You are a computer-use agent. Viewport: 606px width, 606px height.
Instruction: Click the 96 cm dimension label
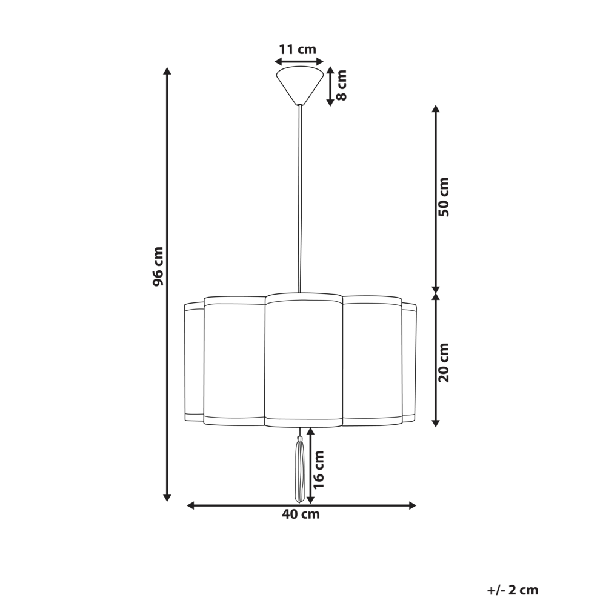(158, 267)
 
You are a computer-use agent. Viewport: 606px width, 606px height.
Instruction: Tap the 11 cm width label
(298, 50)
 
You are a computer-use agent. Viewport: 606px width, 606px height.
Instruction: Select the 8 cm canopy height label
(341, 85)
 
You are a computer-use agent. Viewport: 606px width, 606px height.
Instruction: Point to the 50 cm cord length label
(444, 197)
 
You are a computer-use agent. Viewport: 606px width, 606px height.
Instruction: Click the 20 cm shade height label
(444, 362)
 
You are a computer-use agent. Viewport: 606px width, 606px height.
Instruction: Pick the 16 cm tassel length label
(319, 470)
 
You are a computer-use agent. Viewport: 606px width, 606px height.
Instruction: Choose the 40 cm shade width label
(301, 515)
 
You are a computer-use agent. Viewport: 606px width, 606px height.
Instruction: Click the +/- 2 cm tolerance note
(512, 590)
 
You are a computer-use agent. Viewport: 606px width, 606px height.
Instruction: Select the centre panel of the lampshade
(304, 361)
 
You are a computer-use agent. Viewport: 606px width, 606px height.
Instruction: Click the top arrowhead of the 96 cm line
(168, 71)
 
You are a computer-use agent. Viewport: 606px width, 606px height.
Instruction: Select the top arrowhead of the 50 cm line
(435, 109)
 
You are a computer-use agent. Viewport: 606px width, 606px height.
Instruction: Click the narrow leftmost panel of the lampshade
(194, 362)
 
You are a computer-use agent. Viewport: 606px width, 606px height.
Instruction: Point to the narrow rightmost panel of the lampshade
(409, 362)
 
